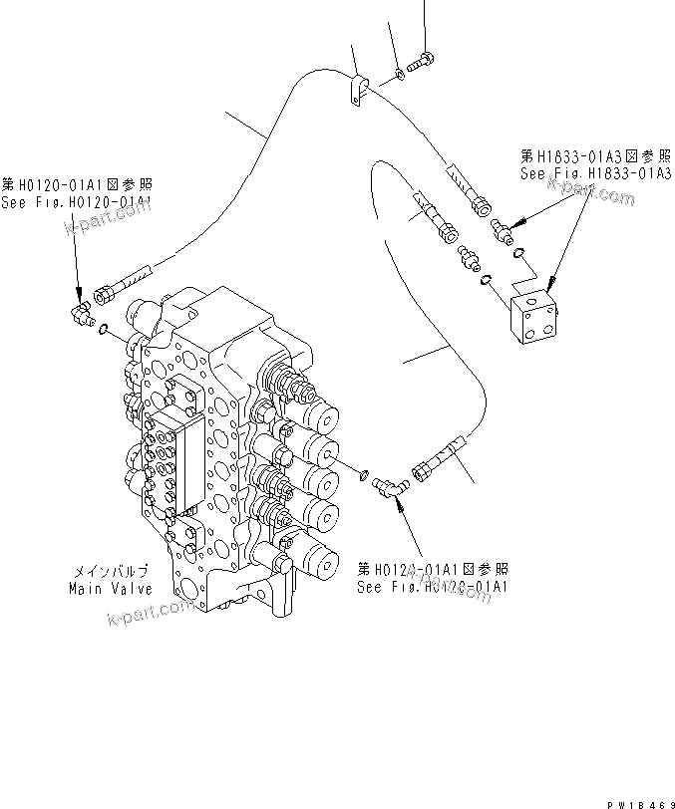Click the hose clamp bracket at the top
pos(358,90)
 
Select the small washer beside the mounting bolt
pos(399,71)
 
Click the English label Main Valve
pos(109,589)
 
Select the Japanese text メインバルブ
pos(110,572)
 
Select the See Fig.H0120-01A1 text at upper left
pos(76,201)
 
